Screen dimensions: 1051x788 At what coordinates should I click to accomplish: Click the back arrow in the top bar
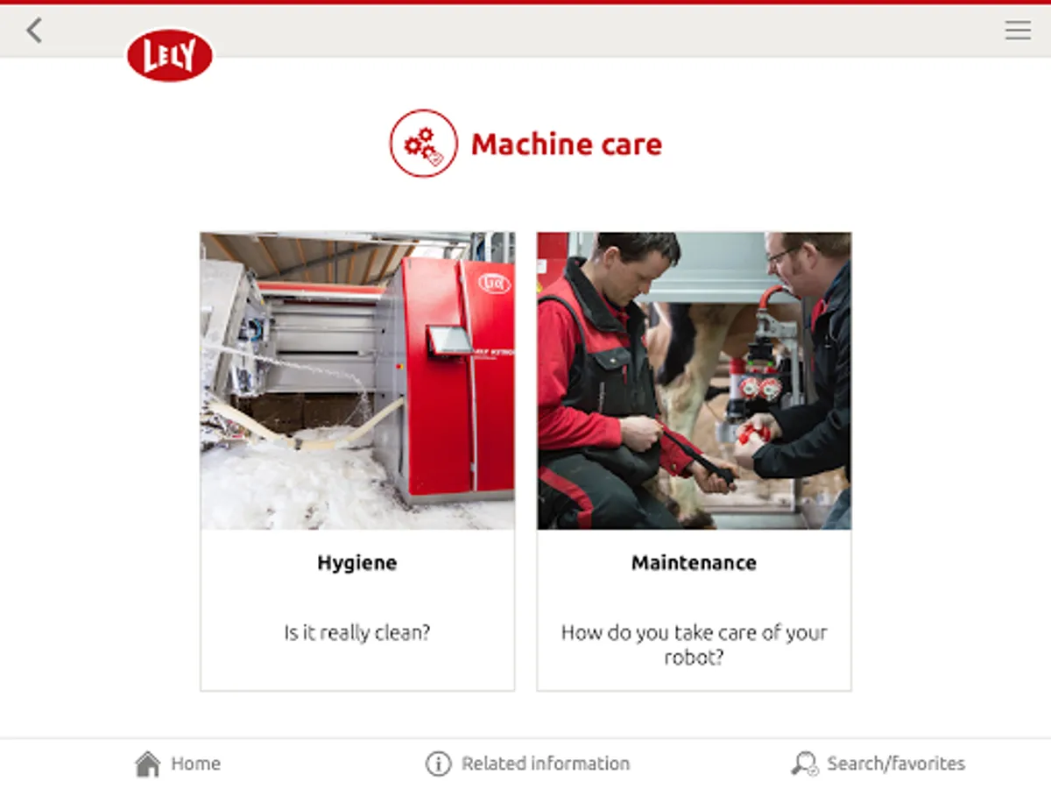(x=34, y=30)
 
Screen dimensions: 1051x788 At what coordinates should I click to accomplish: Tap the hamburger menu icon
(x=1018, y=30)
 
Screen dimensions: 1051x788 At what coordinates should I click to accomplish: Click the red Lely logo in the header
(x=170, y=55)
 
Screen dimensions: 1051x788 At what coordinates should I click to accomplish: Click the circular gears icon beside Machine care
(x=423, y=143)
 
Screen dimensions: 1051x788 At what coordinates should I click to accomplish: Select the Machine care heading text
(x=567, y=144)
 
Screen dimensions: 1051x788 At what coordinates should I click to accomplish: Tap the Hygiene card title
(x=357, y=563)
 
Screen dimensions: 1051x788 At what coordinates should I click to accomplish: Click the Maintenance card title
(x=694, y=563)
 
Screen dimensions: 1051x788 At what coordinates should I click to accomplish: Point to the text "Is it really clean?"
(x=357, y=632)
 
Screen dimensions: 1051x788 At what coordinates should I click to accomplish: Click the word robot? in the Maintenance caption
(x=694, y=658)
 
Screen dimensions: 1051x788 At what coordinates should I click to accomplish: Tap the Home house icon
(x=147, y=763)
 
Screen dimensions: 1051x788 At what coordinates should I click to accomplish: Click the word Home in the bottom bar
(x=196, y=763)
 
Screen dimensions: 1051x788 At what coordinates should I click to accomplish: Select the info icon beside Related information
(x=438, y=763)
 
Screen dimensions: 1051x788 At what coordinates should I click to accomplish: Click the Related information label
(x=546, y=763)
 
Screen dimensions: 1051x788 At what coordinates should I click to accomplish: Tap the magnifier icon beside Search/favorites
(x=804, y=763)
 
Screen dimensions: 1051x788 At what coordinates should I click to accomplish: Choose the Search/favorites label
(x=896, y=763)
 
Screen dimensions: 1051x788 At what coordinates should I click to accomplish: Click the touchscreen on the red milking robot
(x=449, y=340)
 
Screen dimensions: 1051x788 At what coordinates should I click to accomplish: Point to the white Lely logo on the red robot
(x=495, y=284)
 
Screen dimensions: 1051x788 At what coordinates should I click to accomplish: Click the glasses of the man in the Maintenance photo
(x=782, y=255)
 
